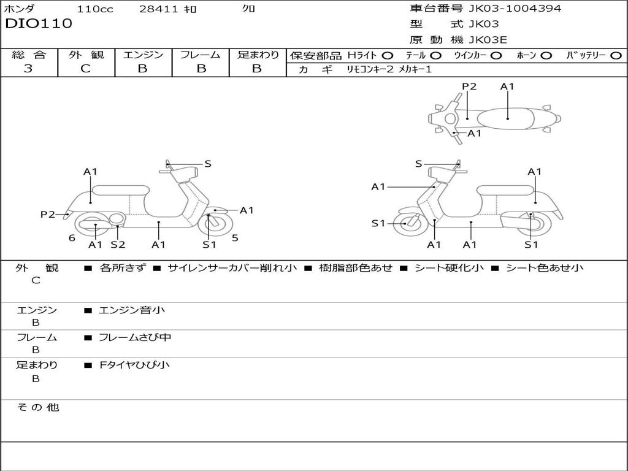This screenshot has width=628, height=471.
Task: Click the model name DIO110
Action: click(39, 23)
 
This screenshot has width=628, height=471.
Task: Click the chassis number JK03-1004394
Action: click(515, 9)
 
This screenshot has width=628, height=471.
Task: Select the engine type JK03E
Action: click(488, 40)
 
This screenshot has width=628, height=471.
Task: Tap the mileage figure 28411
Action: click(159, 9)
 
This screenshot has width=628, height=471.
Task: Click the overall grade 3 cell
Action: click(28, 68)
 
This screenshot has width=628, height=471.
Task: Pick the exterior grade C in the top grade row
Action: click(86, 69)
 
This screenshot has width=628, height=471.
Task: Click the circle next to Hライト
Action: click(388, 56)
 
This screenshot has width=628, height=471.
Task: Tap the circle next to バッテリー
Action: click(616, 56)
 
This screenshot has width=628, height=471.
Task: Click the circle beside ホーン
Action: click(546, 56)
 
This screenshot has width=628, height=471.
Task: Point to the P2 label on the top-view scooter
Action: click(469, 86)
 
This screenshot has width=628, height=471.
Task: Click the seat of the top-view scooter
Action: click(505, 119)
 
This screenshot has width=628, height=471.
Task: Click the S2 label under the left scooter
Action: click(118, 244)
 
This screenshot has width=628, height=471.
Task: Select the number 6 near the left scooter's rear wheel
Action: click(72, 238)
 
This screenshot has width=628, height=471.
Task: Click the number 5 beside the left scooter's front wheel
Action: click(235, 238)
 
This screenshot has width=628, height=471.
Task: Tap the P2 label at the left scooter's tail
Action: click(48, 214)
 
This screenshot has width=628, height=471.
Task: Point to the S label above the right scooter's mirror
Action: click(418, 164)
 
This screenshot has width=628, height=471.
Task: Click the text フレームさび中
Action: click(135, 338)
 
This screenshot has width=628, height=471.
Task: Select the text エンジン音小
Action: click(132, 310)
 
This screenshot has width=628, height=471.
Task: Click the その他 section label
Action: click(38, 407)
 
